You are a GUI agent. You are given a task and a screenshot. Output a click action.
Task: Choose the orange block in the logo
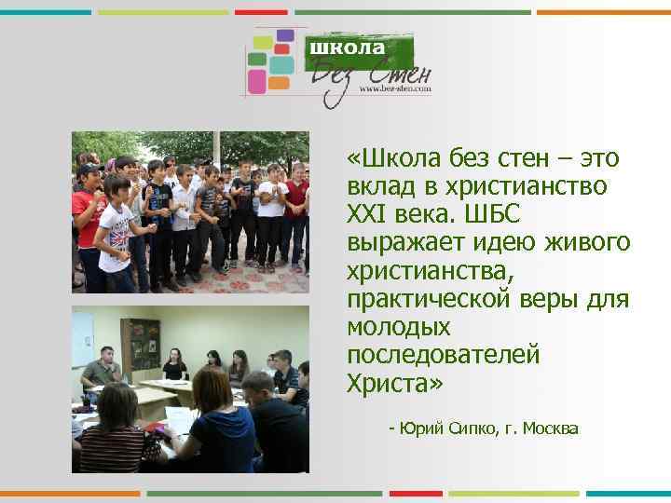(x=281, y=82)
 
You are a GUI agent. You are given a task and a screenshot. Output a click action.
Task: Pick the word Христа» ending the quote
(x=395, y=383)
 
